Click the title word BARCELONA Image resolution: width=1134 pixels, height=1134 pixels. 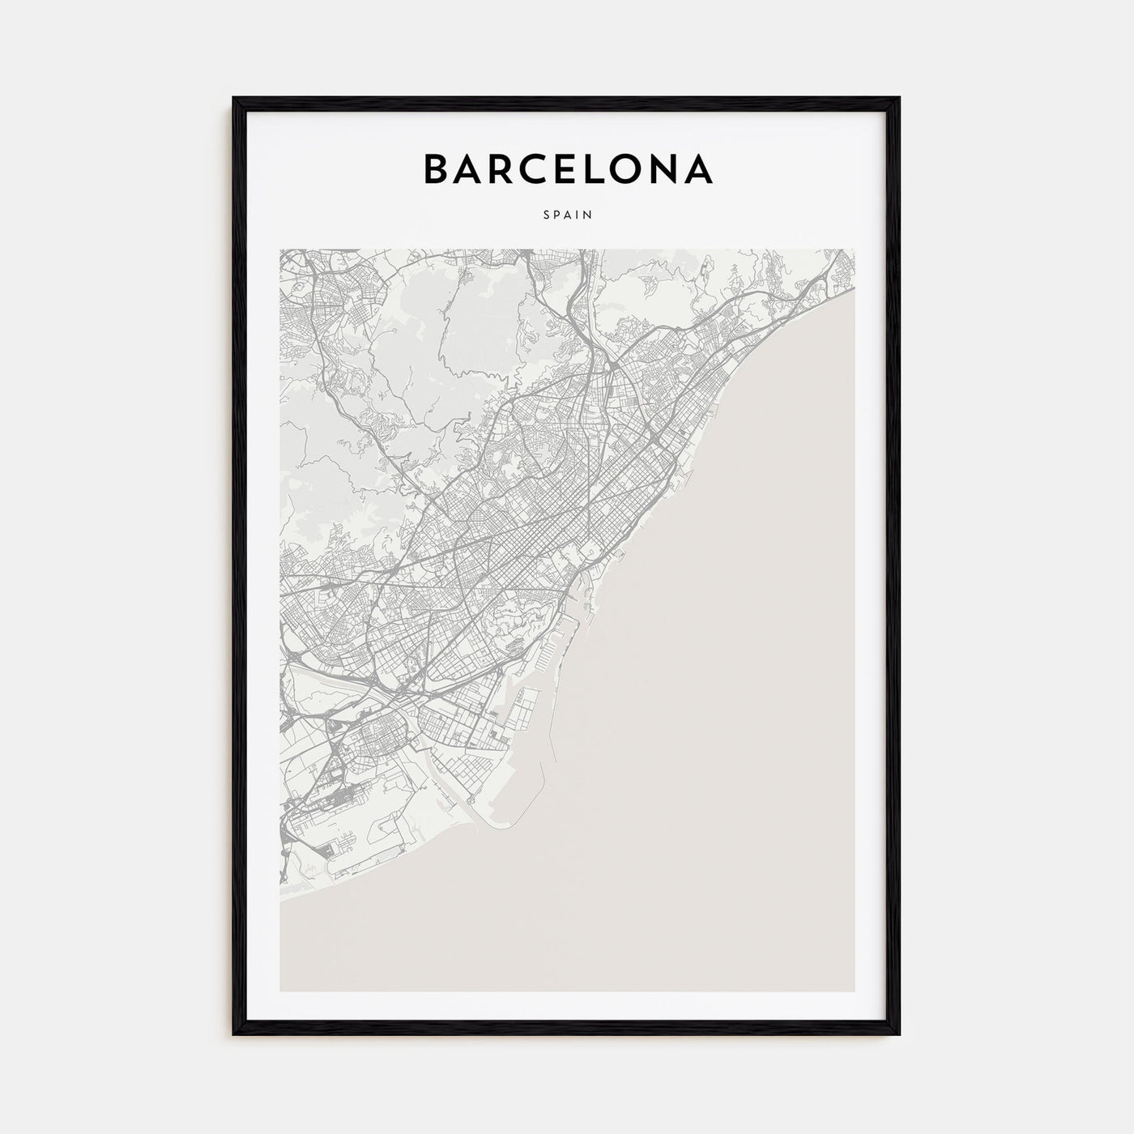[567, 169]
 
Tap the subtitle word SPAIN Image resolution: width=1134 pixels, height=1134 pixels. [567, 215]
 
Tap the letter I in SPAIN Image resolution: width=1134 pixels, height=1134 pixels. [578, 215]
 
